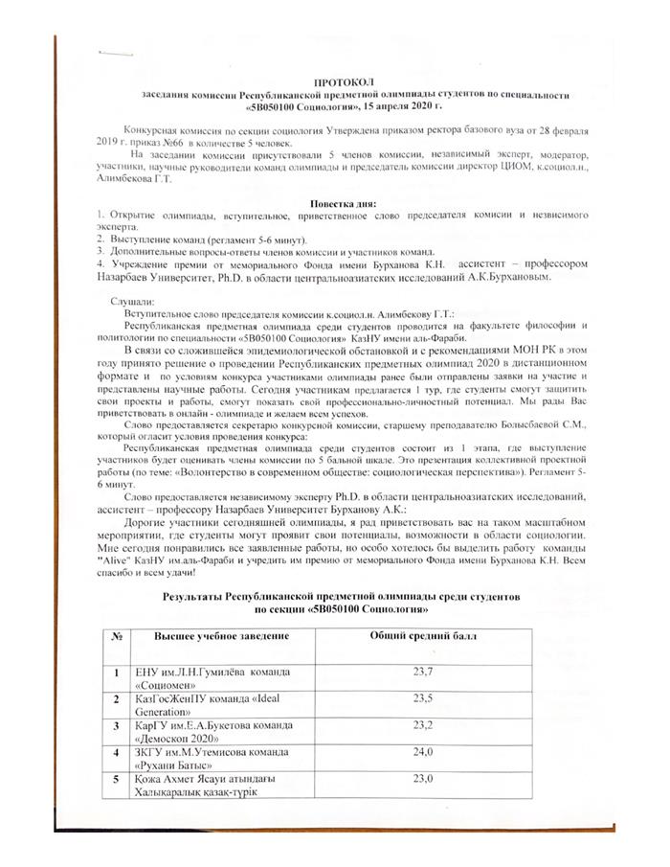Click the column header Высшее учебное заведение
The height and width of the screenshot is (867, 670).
click(x=211, y=637)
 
